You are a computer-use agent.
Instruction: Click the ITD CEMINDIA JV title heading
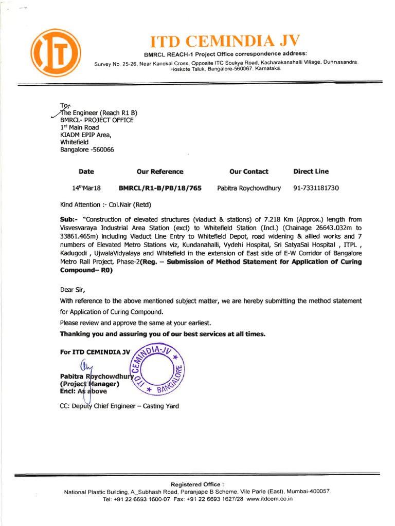(225, 41)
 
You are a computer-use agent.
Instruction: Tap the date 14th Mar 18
(86, 188)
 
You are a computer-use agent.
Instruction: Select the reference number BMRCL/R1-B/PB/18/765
(160, 188)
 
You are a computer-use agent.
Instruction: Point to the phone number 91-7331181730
(316, 188)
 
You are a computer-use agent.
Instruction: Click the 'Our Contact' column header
(249, 172)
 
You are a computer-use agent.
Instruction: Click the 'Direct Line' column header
(311, 172)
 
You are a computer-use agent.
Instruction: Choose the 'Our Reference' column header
(159, 172)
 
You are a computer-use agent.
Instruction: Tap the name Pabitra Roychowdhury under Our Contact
(249, 188)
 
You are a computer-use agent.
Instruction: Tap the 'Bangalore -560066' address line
(87, 149)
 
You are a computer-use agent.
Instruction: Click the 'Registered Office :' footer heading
(197, 484)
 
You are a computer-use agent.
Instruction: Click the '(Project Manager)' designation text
(90, 383)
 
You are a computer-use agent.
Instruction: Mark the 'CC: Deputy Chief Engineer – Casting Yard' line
(119, 406)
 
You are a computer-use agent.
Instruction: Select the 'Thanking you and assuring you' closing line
(163, 334)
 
